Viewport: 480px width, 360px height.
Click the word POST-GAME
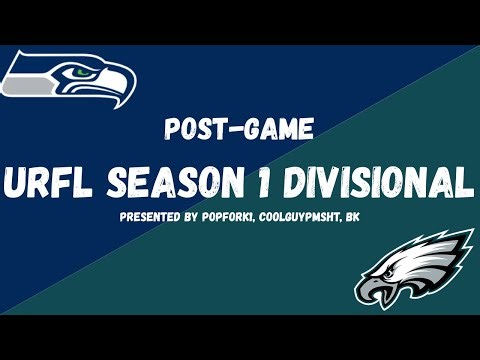(239, 130)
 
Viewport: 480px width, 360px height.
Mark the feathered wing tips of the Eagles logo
(455, 245)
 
